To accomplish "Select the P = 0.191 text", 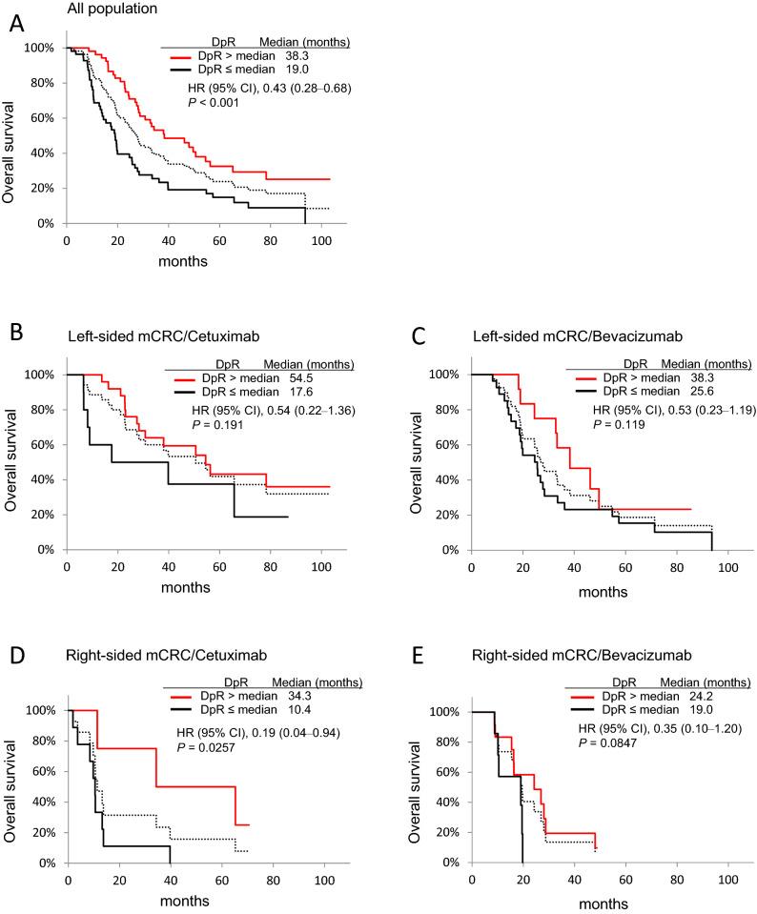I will tap(219, 423).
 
